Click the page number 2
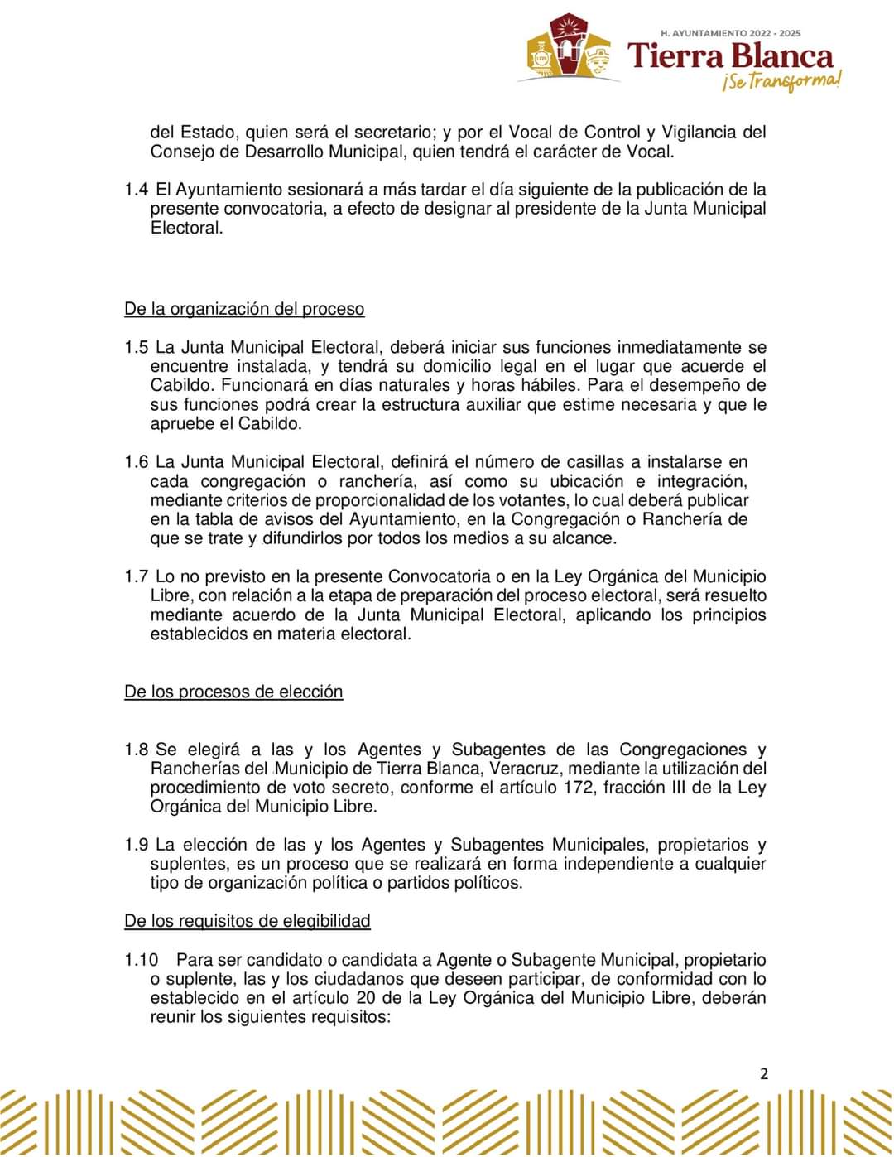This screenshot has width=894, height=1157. point(763,1074)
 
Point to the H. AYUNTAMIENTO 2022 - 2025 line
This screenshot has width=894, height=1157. point(730,33)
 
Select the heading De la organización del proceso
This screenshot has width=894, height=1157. point(244,309)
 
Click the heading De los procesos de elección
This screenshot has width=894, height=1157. point(233,692)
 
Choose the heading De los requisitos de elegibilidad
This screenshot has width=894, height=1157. point(248,921)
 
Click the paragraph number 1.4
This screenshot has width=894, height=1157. point(137,189)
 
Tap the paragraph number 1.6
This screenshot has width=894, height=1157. point(137,462)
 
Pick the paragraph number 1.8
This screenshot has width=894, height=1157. point(137,750)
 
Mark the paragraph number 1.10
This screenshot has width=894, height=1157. point(142,960)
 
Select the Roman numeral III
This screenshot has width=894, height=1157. point(673,788)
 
